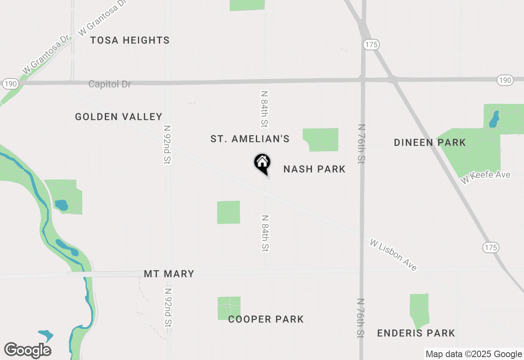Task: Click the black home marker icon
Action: pyautogui.click(x=262, y=163)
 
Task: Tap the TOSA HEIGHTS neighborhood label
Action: pyautogui.click(x=130, y=40)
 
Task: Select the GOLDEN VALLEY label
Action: pyautogui.click(x=119, y=117)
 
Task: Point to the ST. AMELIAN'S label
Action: pyautogui.click(x=250, y=139)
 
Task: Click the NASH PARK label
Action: pyautogui.click(x=314, y=169)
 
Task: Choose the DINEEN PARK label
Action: pyautogui.click(x=430, y=143)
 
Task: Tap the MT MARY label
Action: pyautogui.click(x=169, y=274)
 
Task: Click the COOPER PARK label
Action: pyautogui.click(x=266, y=319)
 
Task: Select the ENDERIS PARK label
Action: pyautogui.click(x=416, y=333)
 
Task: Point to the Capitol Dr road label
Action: pyautogui.click(x=110, y=84)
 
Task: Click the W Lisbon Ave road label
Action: pyautogui.click(x=393, y=255)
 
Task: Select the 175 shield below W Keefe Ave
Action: pyautogui.click(x=490, y=247)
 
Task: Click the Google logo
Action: pyautogui.click(x=28, y=350)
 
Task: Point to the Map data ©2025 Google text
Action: pyautogui.click(x=474, y=354)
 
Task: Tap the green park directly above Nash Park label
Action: pyautogui.click(x=321, y=139)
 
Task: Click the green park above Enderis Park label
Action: pyautogui.click(x=419, y=309)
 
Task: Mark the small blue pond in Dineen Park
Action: pyautogui.click(x=494, y=118)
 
